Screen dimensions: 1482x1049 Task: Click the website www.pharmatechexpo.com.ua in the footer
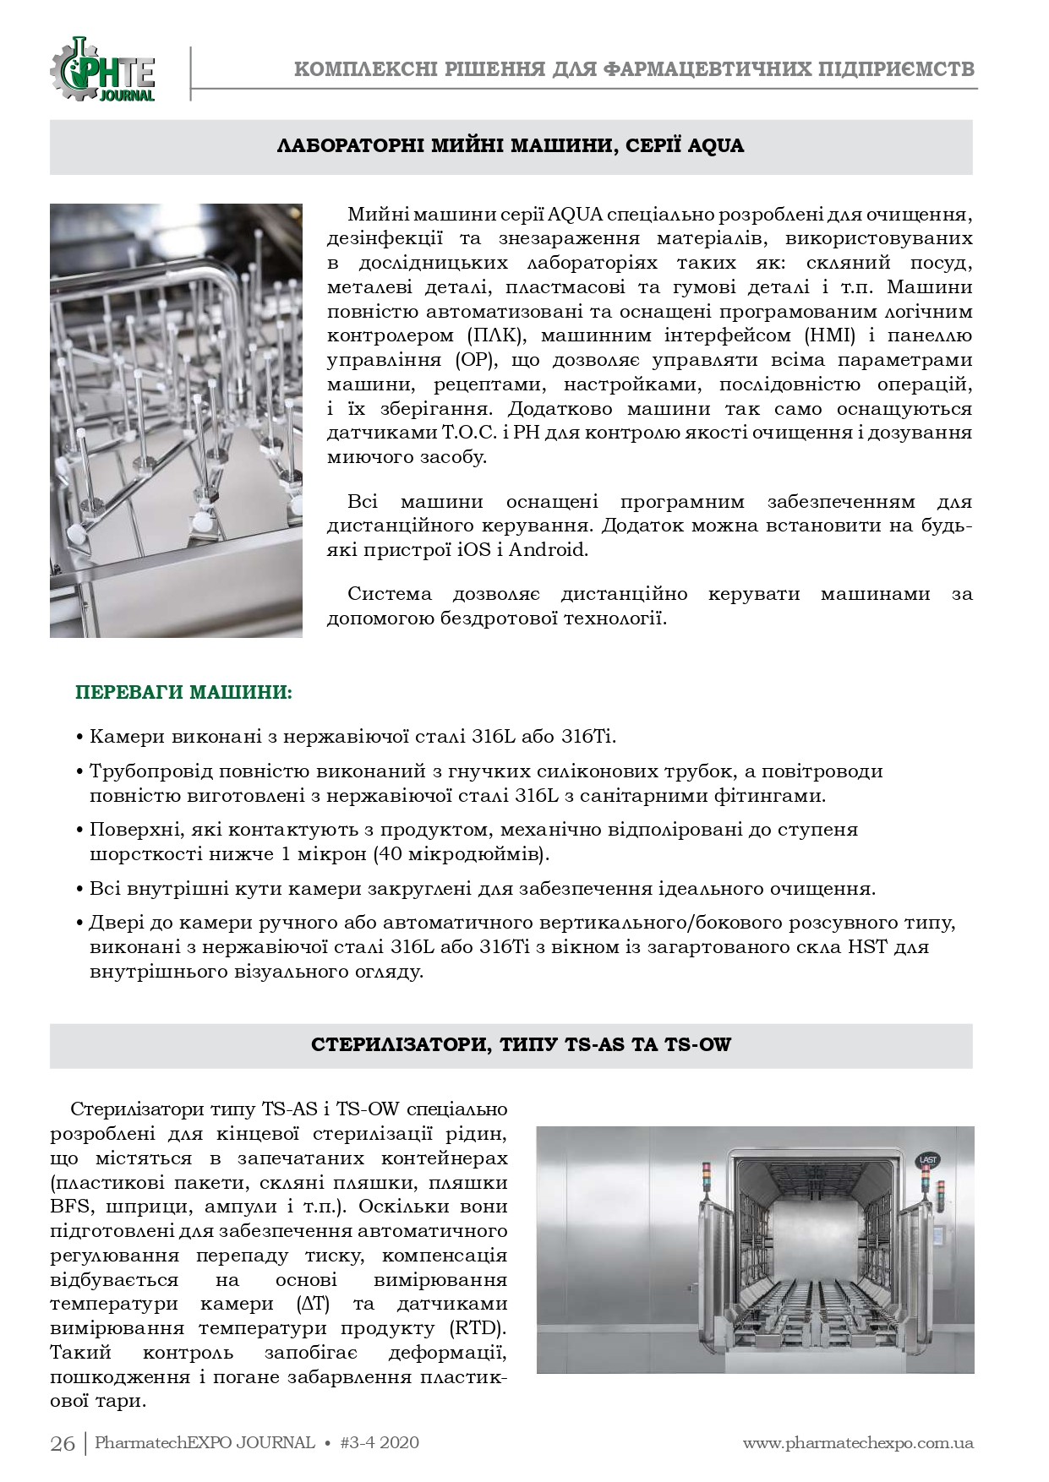(858, 1442)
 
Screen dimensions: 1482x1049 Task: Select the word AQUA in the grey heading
(716, 146)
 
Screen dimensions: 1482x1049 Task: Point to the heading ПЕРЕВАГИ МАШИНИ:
(184, 694)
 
